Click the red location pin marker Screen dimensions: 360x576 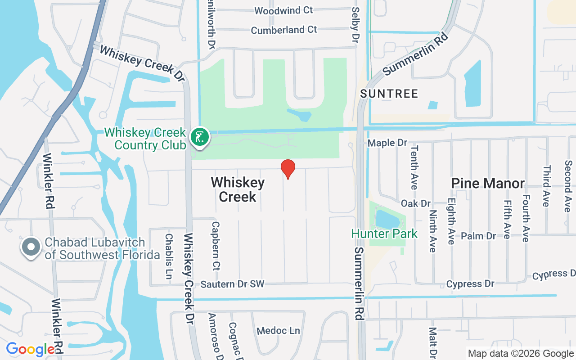(288, 169)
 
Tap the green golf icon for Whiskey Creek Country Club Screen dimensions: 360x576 (199, 137)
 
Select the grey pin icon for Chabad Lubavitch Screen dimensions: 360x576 (31, 247)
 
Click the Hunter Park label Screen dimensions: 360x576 (384, 234)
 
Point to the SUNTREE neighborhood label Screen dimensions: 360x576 (389, 94)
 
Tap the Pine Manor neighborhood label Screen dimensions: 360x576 (488, 183)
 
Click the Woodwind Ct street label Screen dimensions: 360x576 (283, 10)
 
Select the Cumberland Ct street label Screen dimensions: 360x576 (284, 30)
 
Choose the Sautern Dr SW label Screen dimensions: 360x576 (232, 284)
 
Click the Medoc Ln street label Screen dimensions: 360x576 (278, 331)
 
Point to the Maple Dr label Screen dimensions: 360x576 (387, 143)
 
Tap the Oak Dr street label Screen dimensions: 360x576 (415, 203)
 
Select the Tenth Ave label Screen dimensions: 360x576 (414, 167)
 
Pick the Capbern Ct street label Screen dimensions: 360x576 (216, 246)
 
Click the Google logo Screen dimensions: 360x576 (31, 349)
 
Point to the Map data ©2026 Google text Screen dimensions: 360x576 (520, 354)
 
